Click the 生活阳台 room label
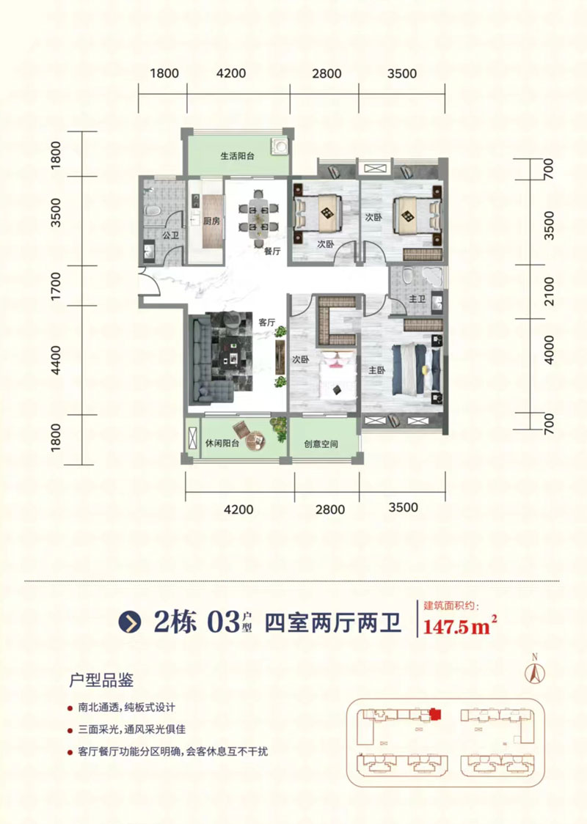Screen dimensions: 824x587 237,156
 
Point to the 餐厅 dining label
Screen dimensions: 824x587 273,251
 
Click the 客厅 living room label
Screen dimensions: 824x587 266,323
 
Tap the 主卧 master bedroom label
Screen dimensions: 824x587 377,370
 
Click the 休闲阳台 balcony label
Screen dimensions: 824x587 218,444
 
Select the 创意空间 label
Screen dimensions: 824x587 322,444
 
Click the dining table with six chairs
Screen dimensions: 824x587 262,214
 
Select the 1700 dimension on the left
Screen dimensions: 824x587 57,282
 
